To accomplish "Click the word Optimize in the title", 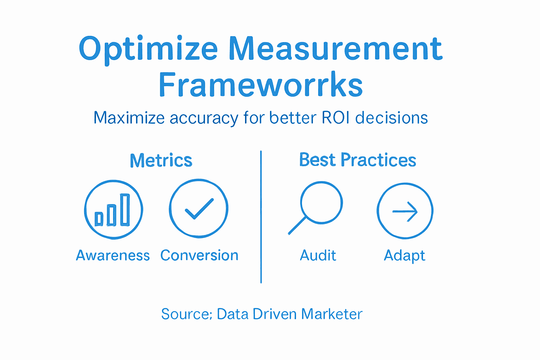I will pos(148,49).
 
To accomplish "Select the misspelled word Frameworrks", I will pos(261,85).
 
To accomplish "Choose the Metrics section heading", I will pos(161,161).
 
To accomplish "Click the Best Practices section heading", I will pos(358,160).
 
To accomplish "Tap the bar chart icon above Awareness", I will pos(113,210).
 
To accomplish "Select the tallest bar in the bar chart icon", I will pos(125,210).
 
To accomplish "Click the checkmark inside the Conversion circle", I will pos(199,209).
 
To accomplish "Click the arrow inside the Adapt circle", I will pos(405,212).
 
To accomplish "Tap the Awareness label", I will pos(113,256).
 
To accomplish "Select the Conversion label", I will pos(199,256).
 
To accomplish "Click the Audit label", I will pos(318,256).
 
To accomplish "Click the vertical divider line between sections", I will pos(261,217).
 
